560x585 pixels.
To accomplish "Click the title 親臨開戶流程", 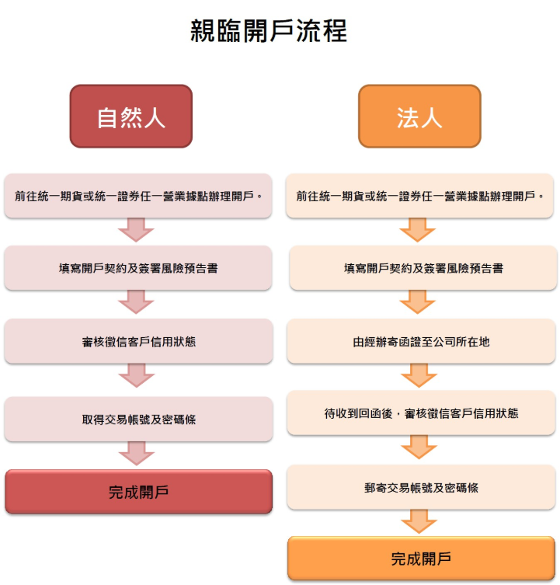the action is pyautogui.click(x=269, y=31).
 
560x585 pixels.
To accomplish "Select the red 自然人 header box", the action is pyautogui.click(x=131, y=116).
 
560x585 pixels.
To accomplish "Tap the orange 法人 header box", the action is pyautogui.click(x=419, y=116).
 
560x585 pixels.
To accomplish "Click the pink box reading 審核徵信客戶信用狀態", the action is pyautogui.click(x=138, y=341).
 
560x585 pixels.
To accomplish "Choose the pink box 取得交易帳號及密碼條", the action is pyautogui.click(x=138, y=419).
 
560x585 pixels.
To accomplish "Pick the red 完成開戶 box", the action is pyautogui.click(x=138, y=492).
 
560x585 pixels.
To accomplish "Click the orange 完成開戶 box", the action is pyautogui.click(x=421, y=558).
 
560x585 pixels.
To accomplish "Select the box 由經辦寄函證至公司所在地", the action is pyautogui.click(x=421, y=341).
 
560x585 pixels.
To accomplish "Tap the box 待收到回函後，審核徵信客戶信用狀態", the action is pyautogui.click(x=421, y=413).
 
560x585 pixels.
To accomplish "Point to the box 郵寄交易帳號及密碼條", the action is pyautogui.click(x=421, y=487).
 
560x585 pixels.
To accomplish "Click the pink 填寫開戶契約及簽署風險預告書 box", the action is pyautogui.click(x=138, y=268).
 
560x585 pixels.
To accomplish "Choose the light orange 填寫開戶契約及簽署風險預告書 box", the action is pyautogui.click(x=423, y=268).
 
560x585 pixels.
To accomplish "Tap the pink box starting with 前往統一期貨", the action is pyautogui.click(x=138, y=196).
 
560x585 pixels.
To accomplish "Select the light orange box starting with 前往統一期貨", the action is pyautogui.click(x=419, y=196).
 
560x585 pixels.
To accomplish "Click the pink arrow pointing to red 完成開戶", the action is pyautogui.click(x=137, y=453).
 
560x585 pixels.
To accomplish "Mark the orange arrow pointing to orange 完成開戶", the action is pyautogui.click(x=419, y=521).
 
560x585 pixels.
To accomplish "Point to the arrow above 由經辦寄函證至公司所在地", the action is pyautogui.click(x=418, y=302).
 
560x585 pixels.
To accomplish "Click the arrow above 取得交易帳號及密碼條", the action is pyautogui.click(x=137, y=375).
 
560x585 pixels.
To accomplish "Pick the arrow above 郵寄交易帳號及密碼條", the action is pyautogui.click(x=419, y=447).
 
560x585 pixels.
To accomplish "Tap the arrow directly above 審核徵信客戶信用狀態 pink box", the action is pyautogui.click(x=136, y=302).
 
